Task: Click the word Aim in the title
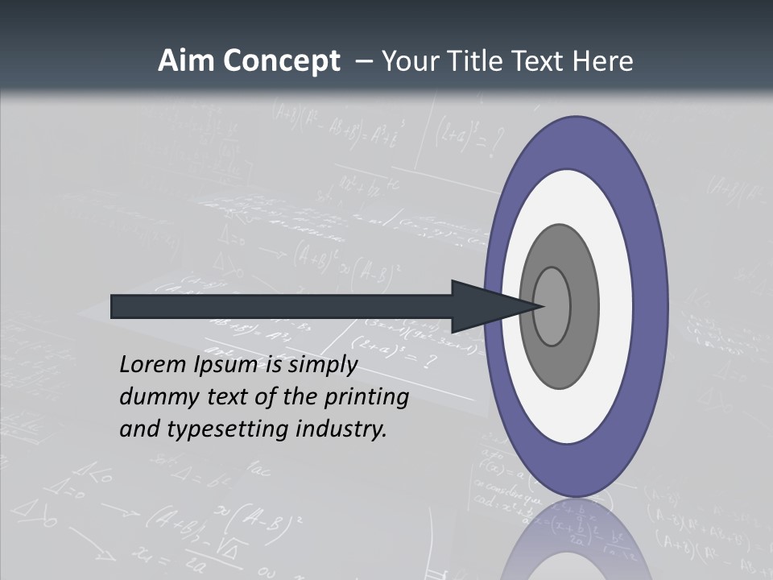180,61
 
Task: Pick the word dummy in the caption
153,397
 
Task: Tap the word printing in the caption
366,398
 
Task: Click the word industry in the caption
341,429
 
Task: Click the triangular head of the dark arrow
483,306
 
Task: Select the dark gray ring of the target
560,367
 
